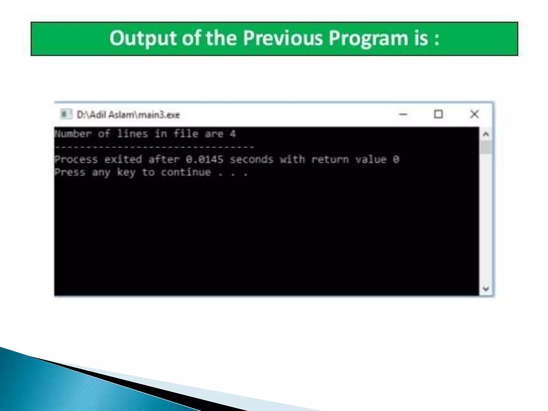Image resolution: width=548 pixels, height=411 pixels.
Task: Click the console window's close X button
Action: click(474, 114)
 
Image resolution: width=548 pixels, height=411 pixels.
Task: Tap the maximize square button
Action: click(438, 114)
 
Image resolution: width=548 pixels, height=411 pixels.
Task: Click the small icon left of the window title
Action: click(66, 115)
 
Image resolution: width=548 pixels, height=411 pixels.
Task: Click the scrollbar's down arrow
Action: click(486, 289)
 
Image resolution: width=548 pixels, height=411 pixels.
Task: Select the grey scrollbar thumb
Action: click(486, 148)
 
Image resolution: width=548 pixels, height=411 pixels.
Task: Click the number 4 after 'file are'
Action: click(233, 134)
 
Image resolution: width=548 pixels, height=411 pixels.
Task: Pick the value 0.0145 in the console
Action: click(205, 160)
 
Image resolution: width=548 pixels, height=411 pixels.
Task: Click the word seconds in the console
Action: click(252, 160)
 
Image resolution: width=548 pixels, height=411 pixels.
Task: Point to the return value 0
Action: click(396, 160)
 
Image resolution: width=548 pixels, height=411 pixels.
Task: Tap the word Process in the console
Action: click(76, 160)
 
